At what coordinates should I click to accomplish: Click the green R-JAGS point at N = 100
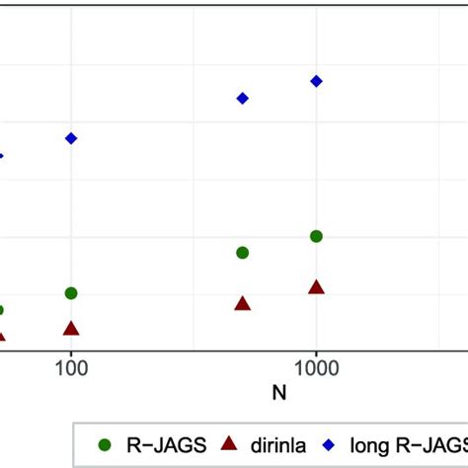pyautogui.click(x=71, y=293)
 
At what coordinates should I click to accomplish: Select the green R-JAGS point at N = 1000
pyautogui.click(x=316, y=236)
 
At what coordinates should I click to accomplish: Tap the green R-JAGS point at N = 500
pyautogui.click(x=243, y=253)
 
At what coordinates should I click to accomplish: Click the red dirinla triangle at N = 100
pyautogui.click(x=71, y=329)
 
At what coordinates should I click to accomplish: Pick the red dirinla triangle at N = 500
pyautogui.click(x=243, y=304)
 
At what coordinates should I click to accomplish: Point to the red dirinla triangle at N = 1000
pyautogui.click(x=316, y=287)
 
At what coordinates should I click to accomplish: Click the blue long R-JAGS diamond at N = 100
pyautogui.click(x=71, y=138)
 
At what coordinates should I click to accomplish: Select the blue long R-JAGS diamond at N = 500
pyautogui.click(x=243, y=98)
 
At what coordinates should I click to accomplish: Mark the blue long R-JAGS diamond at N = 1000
pyautogui.click(x=316, y=81)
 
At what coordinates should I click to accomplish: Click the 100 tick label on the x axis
pyautogui.click(x=71, y=368)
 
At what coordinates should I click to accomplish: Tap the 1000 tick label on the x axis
pyautogui.click(x=316, y=368)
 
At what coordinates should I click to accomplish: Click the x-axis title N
pyautogui.click(x=280, y=392)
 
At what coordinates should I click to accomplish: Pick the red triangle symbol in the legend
pyautogui.click(x=230, y=444)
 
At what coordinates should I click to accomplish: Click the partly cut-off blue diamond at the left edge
pyautogui.click(x=2, y=156)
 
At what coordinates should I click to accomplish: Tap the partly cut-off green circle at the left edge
pyautogui.click(x=2, y=310)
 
